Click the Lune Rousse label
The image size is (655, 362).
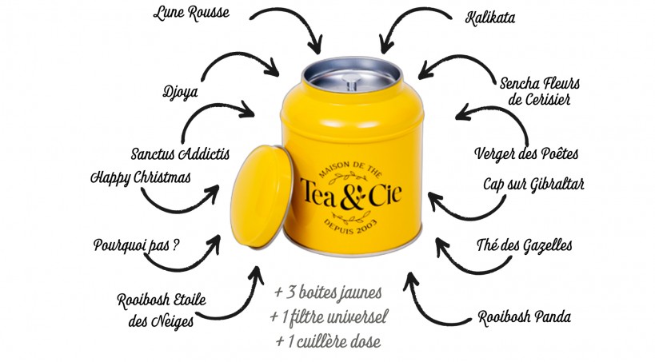[x=191, y=13]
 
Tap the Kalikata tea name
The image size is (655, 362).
[x=489, y=18]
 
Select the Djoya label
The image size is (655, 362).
[x=180, y=92]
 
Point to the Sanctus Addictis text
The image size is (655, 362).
[x=181, y=153]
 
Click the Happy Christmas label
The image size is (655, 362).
[x=141, y=177]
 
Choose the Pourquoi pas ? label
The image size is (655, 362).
[x=136, y=245]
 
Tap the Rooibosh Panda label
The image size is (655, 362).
[x=525, y=317]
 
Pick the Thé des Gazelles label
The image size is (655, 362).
[x=525, y=245]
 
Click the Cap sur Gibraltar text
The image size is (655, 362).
[x=533, y=184]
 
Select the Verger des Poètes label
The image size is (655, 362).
[x=526, y=153]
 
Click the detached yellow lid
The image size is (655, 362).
[x=261, y=197]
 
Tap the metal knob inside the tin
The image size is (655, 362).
[x=350, y=82]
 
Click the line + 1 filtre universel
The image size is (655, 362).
[x=329, y=317]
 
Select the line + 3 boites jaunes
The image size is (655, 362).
[x=328, y=292]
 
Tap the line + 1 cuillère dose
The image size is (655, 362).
[x=328, y=341]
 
